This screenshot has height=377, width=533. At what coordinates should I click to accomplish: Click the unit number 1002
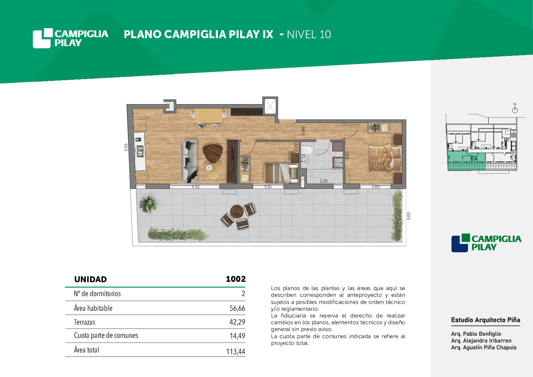pyautogui.click(x=236, y=279)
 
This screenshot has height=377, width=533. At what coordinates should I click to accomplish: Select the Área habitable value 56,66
pyautogui.click(x=237, y=308)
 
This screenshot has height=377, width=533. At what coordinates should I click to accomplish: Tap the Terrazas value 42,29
pyautogui.click(x=237, y=322)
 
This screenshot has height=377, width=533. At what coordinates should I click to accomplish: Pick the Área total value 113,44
pyautogui.click(x=236, y=351)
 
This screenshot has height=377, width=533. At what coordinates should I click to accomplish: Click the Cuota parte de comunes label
pyautogui.click(x=106, y=335)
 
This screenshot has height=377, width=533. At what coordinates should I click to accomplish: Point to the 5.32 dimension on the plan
pyautogui.click(x=195, y=187)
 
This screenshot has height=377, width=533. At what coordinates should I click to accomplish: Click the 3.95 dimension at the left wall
pyautogui.click(x=126, y=147)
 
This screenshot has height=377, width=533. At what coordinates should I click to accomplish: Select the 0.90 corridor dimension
pyautogui.click(x=303, y=131)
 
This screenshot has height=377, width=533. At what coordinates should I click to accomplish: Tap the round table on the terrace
pyautogui.click(x=237, y=211)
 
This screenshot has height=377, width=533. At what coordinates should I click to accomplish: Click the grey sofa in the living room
pyautogui.click(x=189, y=161)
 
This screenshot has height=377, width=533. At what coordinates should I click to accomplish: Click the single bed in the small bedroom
pyautogui.click(x=281, y=173)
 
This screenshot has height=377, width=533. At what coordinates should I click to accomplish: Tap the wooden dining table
pyautogui.click(x=209, y=116)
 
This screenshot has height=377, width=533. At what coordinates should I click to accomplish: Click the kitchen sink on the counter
pyautogui.click(x=140, y=152)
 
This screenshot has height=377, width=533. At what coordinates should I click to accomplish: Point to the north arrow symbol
pyautogui.click(x=515, y=109)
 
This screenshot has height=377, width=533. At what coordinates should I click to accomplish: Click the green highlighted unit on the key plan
pyautogui.click(x=466, y=161)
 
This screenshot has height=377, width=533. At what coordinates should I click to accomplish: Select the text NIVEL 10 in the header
pyautogui.click(x=309, y=35)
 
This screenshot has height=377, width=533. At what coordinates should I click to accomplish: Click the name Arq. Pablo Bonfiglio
pyautogui.click(x=476, y=334)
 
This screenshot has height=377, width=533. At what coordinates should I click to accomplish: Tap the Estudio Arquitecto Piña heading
pyautogui.click(x=486, y=320)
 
